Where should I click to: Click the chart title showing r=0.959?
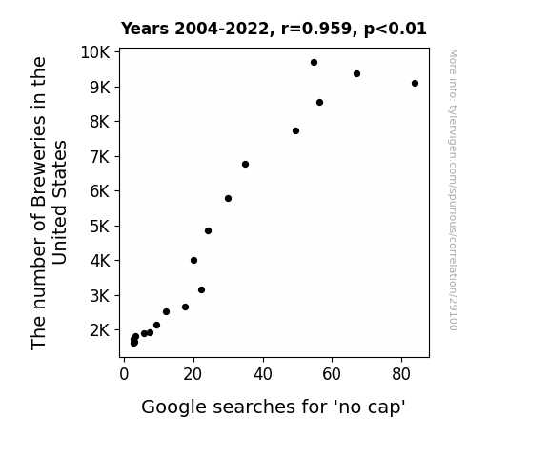[x=274, y=29]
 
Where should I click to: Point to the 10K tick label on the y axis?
[x=95, y=52]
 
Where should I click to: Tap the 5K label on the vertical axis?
[x=100, y=227]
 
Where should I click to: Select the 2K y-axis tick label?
[x=100, y=330]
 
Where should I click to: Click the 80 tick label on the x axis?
[x=401, y=374]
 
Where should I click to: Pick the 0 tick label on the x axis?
[x=124, y=374]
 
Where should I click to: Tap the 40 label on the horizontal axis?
[x=263, y=374]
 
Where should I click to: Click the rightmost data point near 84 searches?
[x=415, y=83]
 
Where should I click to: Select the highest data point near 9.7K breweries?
[x=314, y=62]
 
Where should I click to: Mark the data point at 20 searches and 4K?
[x=194, y=260]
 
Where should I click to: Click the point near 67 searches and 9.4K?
[x=356, y=73]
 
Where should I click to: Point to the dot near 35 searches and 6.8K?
[x=245, y=164]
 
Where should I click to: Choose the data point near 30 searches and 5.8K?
[x=228, y=198]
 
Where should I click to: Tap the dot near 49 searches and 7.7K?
[x=295, y=131]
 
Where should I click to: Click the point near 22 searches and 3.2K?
[x=201, y=289]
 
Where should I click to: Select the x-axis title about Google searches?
[x=274, y=407]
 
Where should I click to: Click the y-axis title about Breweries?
[x=49, y=203]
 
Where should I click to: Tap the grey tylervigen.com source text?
[x=453, y=189]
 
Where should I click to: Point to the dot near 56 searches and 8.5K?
[x=319, y=102]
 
